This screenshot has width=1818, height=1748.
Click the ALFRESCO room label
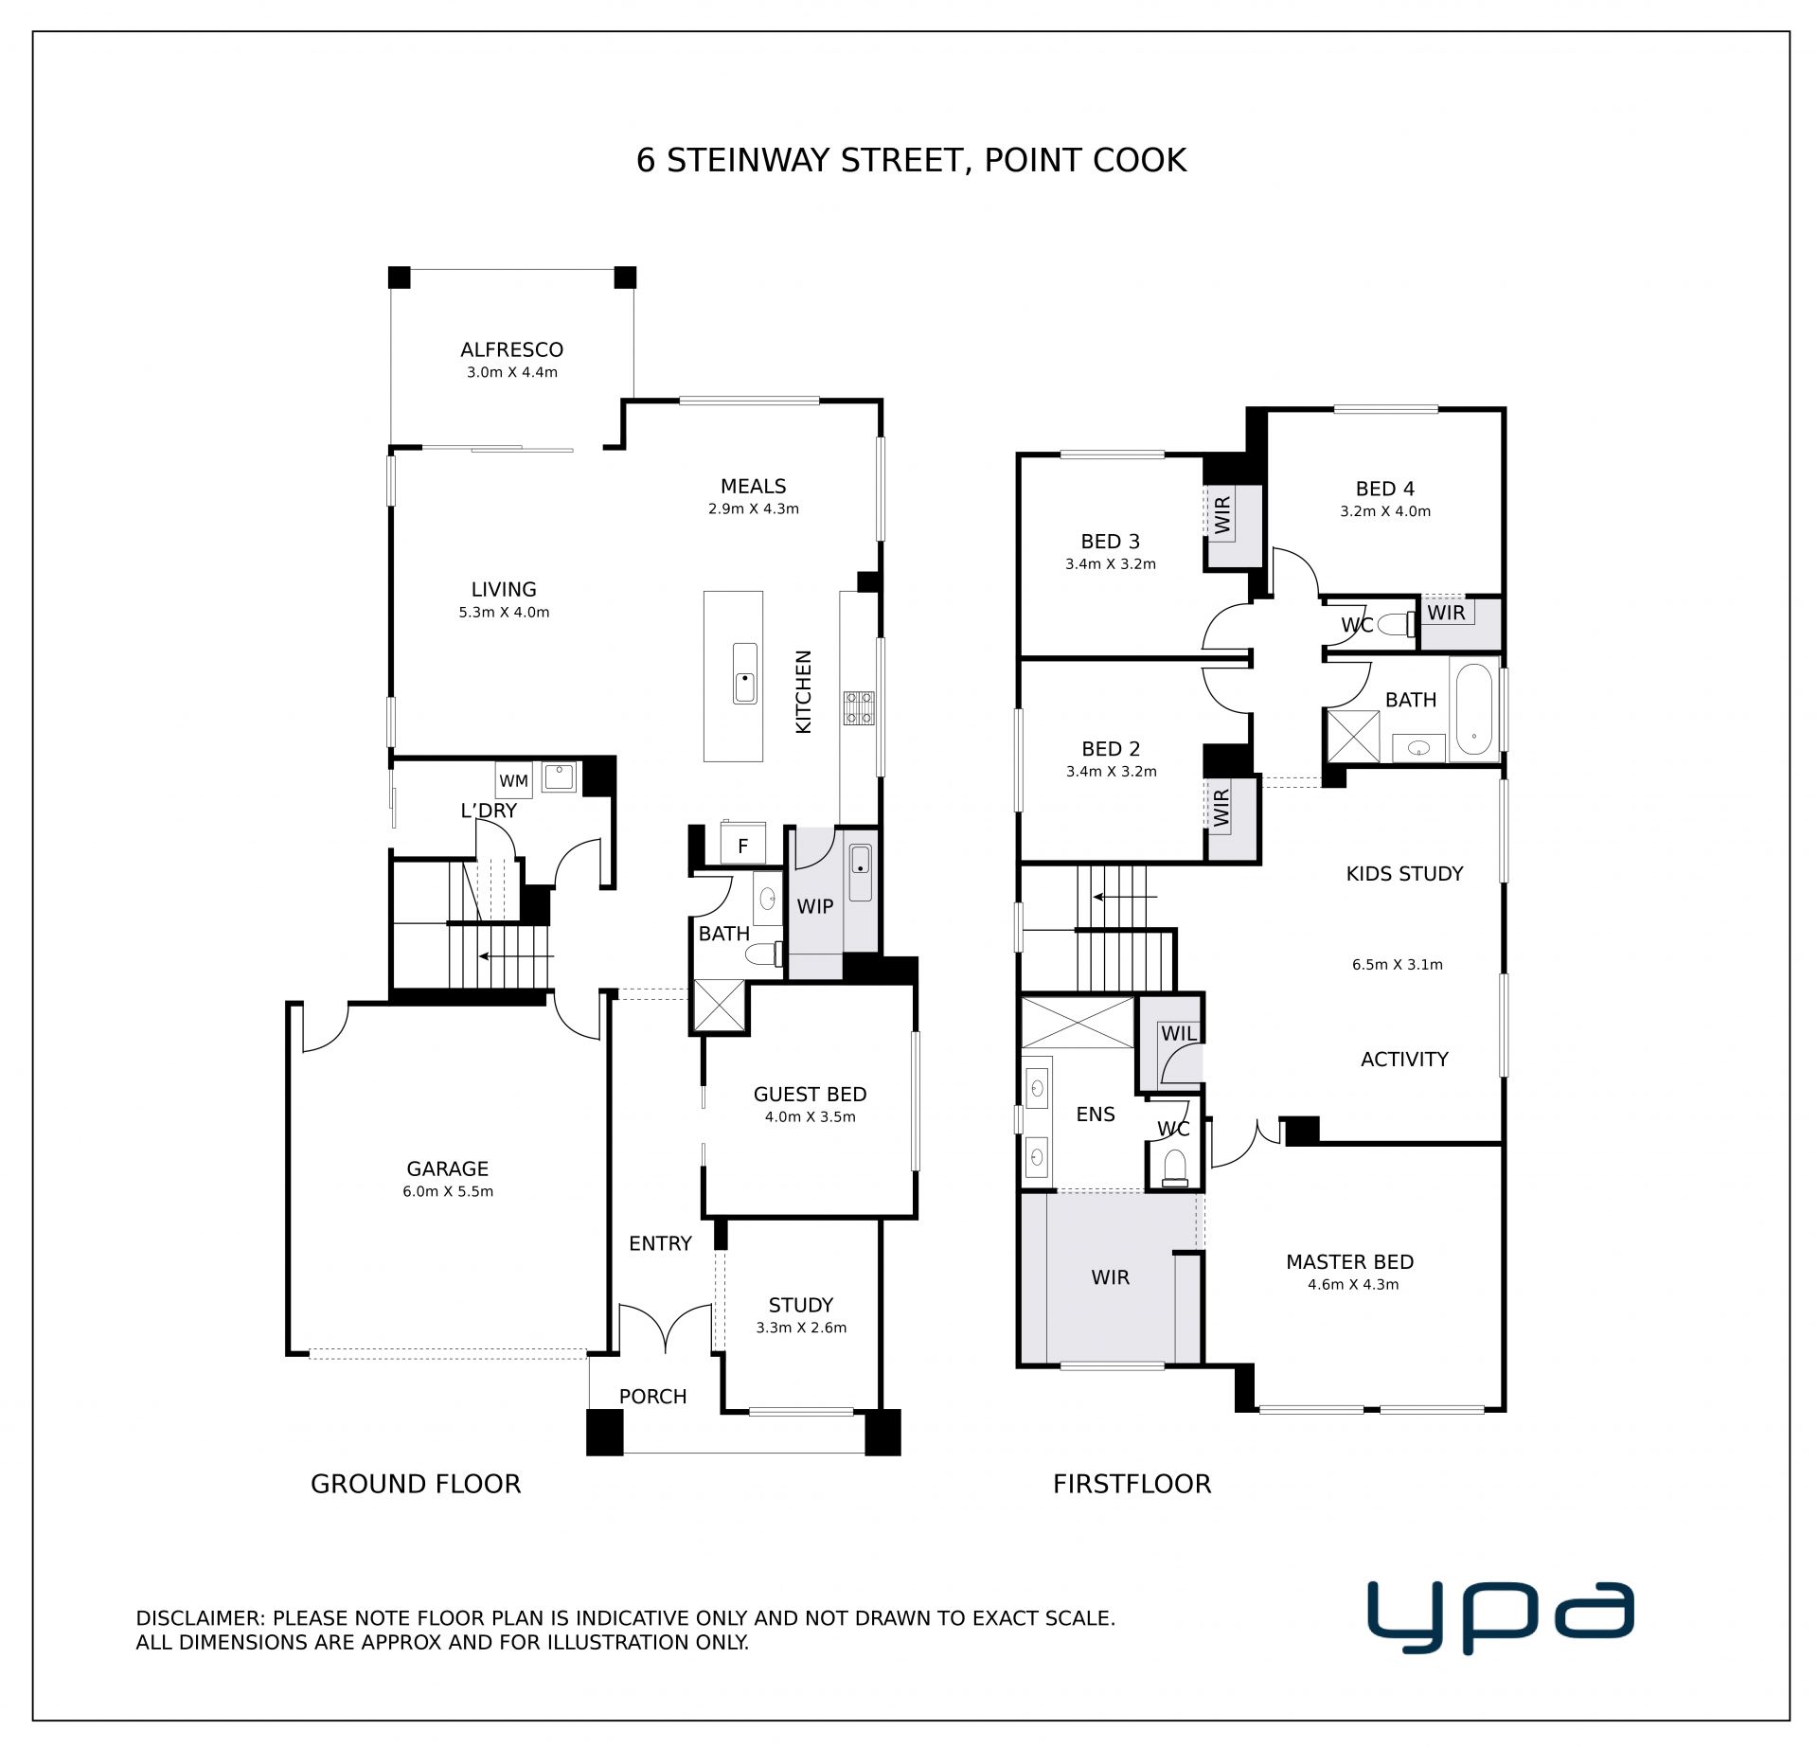(x=511, y=349)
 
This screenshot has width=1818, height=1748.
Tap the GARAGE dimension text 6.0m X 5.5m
(x=448, y=1191)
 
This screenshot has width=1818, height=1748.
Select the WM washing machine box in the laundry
(x=513, y=780)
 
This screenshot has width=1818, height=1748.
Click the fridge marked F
(x=742, y=845)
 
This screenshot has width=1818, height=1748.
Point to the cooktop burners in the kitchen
(x=859, y=707)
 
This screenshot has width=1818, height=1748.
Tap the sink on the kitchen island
(x=744, y=672)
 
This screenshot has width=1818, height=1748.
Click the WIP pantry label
(x=814, y=906)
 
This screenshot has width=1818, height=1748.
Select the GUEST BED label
(x=810, y=1094)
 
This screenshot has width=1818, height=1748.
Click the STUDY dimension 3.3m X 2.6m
(x=801, y=1328)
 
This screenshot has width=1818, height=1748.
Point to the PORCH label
(x=652, y=1396)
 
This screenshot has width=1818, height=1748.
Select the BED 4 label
(x=1384, y=489)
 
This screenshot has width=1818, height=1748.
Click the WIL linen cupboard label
(x=1178, y=1033)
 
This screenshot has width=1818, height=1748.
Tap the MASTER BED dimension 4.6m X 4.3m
(x=1353, y=1284)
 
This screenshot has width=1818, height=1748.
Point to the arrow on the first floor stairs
(x=1124, y=896)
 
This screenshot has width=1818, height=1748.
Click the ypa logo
(x=1500, y=1616)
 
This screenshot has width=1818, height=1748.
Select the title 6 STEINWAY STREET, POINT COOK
(x=911, y=160)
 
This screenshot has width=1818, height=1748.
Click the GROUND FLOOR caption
(x=416, y=1484)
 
